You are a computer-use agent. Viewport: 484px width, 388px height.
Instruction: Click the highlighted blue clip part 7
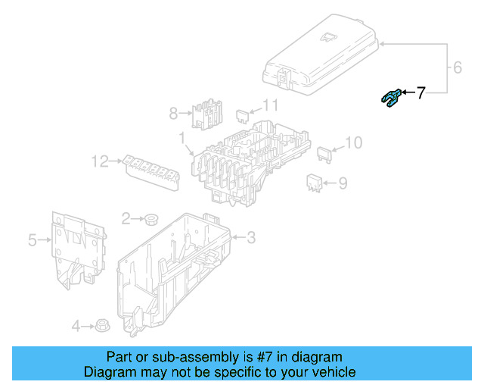390,98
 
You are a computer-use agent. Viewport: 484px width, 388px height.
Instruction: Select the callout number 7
421,93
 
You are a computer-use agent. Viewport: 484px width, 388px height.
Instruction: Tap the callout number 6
457,68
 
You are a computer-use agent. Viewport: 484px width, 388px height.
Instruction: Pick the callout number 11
270,105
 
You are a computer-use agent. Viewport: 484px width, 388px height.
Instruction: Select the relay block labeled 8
205,114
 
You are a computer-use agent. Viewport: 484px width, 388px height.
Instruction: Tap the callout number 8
173,114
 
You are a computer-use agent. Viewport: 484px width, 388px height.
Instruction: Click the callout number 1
181,137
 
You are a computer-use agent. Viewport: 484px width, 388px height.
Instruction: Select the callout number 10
353,142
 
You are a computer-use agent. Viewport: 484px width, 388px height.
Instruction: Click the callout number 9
342,183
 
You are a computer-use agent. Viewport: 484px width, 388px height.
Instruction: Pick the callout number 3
251,238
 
